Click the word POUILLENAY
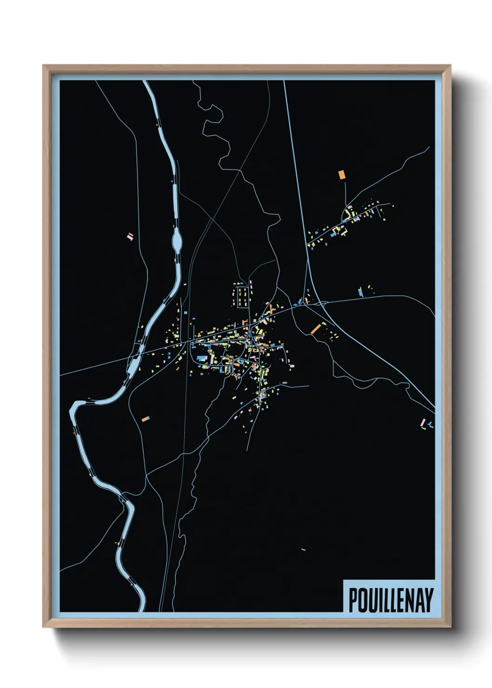(x=391, y=600)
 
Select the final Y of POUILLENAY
(x=429, y=600)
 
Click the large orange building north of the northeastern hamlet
(x=342, y=175)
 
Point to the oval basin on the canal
(x=177, y=241)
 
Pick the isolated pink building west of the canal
(x=131, y=236)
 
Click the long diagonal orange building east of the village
(x=316, y=329)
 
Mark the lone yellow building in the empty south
(x=303, y=550)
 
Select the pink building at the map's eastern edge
(x=423, y=423)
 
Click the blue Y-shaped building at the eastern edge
(x=431, y=424)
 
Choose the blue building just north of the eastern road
(x=360, y=292)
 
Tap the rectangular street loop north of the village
(x=241, y=297)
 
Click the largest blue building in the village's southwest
(x=201, y=358)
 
